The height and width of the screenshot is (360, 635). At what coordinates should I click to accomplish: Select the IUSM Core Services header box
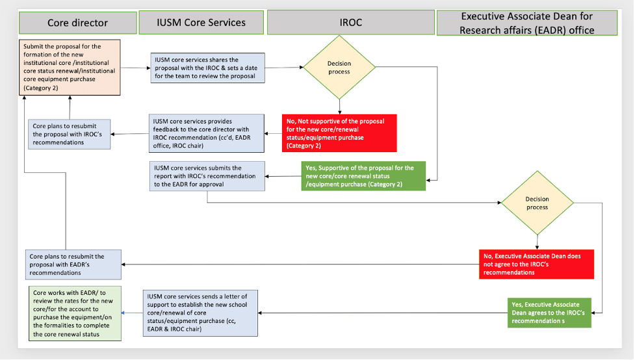tap(201, 23)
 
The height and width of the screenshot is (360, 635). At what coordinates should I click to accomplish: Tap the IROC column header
tap(350, 23)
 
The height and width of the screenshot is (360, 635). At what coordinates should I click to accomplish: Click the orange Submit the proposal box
tap(70, 67)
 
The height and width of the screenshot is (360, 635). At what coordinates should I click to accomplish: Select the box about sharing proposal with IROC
tap(207, 68)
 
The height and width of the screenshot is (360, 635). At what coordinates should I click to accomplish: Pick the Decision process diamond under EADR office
tap(537, 203)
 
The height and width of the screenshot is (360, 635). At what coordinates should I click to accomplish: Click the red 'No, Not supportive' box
tap(339, 133)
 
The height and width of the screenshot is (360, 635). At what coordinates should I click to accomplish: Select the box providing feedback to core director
tap(207, 133)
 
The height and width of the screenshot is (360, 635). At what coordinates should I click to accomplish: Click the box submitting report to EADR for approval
tap(207, 176)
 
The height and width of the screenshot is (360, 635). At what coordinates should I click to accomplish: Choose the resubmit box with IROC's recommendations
tap(70, 133)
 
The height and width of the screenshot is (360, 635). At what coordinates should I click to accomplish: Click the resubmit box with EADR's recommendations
tap(74, 264)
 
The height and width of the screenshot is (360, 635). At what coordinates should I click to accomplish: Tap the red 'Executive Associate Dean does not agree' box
tap(536, 264)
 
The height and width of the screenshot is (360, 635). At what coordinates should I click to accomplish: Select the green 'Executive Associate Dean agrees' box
tap(549, 313)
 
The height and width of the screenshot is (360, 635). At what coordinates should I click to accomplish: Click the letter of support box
tap(200, 312)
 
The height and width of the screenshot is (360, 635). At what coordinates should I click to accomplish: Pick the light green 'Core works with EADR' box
tap(74, 313)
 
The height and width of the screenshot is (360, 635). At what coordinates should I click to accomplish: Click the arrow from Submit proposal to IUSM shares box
tap(135, 67)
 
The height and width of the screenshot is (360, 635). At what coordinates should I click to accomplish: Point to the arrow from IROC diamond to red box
tap(339, 105)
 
